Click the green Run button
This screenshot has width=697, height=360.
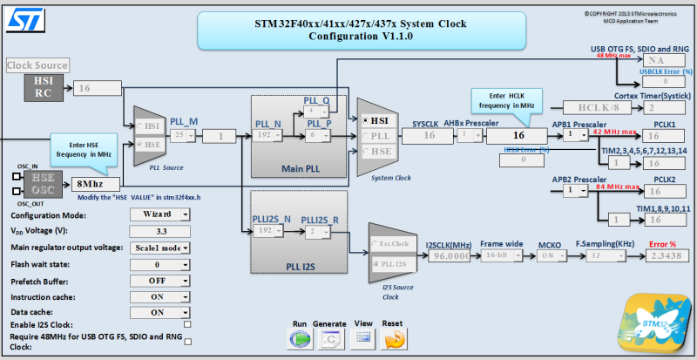301,337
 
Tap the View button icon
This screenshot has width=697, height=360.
364,337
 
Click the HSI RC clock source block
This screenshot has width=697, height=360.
44,87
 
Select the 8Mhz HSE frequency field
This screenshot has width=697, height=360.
96,184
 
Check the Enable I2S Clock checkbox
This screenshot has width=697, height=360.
188,324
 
